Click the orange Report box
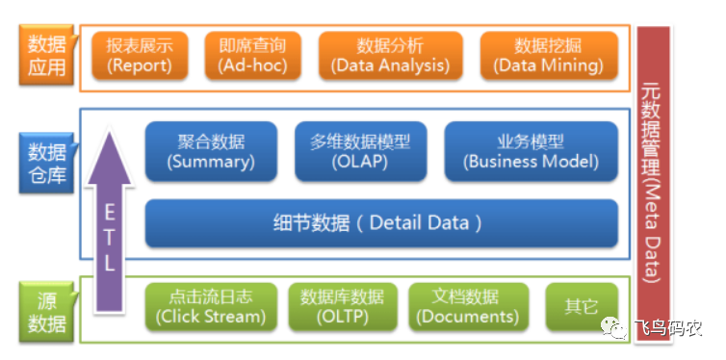[x=140, y=56]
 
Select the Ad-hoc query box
[x=253, y=56]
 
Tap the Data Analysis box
[x=390, y=56]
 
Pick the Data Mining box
[x=549, y=56]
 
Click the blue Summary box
[x=211, y=151]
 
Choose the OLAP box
[x=361, y=151]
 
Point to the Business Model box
[x=532, y=151]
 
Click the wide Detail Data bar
[x=381, y=223]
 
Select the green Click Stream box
[x=211, y=307]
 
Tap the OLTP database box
[x=342, y=307]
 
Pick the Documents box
[x=468, y=307]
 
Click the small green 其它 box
[x=582, y=307]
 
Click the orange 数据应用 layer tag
[x=47, y=55]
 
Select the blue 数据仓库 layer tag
[x=47, y=163]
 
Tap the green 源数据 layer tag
[x=47, y=312]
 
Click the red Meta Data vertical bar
[x=654, y=183]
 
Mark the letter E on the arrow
[x=109, y=214]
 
